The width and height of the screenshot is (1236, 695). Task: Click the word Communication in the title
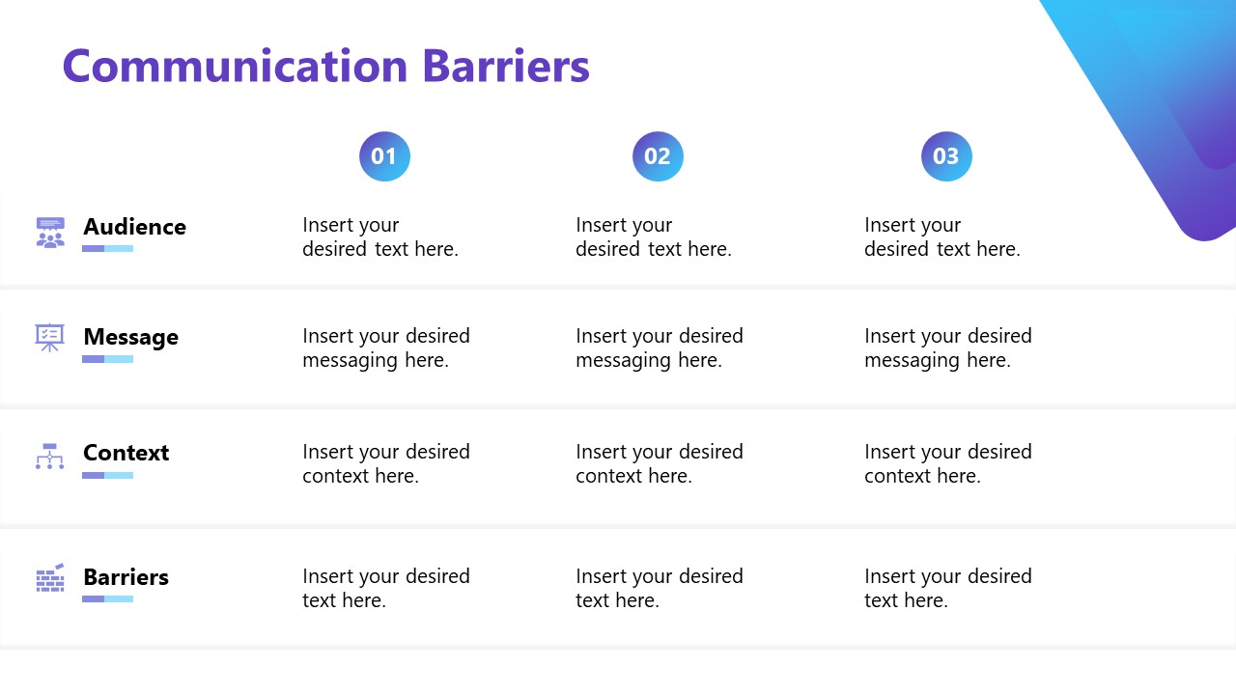click(x=236, y=67)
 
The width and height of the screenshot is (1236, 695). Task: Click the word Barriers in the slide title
click(x=506, y=67)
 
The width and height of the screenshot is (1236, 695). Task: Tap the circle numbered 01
click(x=384, y=156)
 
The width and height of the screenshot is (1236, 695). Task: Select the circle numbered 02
click(x=658, y=156)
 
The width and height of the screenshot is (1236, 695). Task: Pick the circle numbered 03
click(x=946, y=156)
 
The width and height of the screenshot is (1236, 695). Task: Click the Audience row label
click(x=134, y=227)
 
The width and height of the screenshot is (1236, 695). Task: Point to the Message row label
click(x=130, y=337)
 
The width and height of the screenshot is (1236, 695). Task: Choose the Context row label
click(x=126, y=453)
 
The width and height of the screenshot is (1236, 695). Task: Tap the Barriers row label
click(x=126, y=577)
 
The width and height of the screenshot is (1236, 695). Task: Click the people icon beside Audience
click(x=50, y=233)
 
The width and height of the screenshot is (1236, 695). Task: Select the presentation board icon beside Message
click(x=50, y=337)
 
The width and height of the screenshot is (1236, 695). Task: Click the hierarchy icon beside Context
click(x=50, y=457)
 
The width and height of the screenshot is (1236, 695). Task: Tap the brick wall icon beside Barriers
click(x=50, y=578)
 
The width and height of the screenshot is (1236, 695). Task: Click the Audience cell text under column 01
click(x=379, y=237)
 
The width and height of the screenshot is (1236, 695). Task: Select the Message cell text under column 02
click(x=659, y=348)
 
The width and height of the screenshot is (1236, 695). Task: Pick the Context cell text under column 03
click(x=947, y=464)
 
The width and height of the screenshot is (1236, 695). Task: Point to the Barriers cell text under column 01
click(x=385, y=589)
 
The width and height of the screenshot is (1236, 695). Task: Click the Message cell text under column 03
click(x=947, y=348)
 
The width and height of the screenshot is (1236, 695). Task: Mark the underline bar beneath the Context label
click(x=107, y=475)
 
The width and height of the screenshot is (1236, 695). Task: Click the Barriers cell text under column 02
click(x=659, y=589)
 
